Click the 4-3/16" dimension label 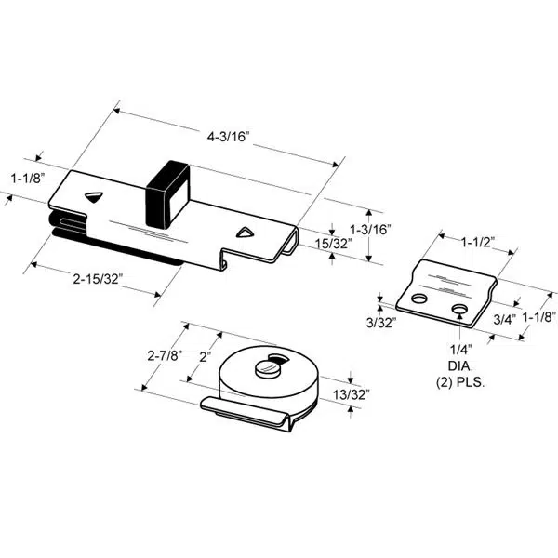click(x=230, y=136)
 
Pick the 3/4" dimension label click(x=504, y=318)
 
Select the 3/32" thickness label click(x=381, y=322)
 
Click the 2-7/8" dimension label click(x=164, y=355)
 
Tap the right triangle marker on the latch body click(x=245, y=232)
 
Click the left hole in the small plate click(x=419, y=299)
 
